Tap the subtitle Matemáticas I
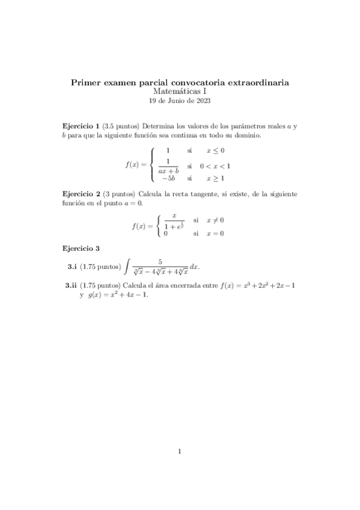(180, 91)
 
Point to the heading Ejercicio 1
(81, 126)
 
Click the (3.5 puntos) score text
(120, 126)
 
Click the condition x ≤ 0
(215, 150)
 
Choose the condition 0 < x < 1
(219, 165)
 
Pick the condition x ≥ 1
(215, 179)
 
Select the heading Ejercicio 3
(81, 248)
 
